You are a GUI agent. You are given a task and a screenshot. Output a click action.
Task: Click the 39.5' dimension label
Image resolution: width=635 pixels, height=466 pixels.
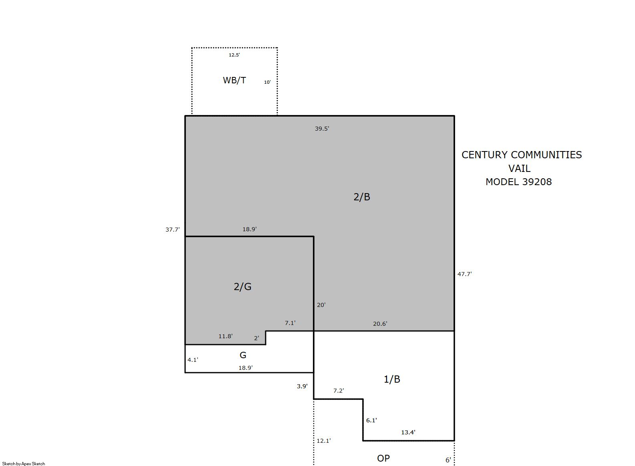322,129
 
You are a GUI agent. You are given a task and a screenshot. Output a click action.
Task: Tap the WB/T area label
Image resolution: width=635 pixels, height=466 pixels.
234,80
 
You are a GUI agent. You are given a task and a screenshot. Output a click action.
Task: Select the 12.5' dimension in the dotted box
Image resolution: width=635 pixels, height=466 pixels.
234,55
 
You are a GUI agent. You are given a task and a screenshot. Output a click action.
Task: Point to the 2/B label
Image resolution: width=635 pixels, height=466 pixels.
362,197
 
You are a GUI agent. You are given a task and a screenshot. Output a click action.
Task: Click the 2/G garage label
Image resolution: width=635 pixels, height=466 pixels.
242,286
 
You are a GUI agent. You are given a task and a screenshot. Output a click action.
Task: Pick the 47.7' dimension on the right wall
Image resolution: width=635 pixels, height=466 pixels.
465,274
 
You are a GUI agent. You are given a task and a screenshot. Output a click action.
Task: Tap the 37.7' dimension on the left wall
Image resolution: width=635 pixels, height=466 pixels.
173,230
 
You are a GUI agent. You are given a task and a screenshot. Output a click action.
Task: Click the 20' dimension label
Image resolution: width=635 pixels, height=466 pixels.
321,305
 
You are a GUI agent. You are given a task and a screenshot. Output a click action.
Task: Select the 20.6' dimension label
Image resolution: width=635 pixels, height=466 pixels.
380,324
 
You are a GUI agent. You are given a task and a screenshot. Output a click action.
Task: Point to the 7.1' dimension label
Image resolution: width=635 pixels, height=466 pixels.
290,323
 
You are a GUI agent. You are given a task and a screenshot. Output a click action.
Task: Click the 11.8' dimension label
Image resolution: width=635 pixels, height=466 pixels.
226,336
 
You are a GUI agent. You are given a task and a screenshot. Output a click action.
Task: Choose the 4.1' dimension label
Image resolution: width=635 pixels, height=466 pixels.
193,360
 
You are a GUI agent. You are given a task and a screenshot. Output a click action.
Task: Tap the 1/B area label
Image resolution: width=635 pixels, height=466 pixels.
392,379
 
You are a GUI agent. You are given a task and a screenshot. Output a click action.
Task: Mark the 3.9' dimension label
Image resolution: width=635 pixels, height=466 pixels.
302,386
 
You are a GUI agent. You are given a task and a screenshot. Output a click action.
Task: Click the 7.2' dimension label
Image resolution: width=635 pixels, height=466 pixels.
339,391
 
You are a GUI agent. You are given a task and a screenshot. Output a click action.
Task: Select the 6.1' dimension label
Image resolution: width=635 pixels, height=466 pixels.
371,420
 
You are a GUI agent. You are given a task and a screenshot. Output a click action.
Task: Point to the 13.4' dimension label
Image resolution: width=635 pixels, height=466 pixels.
408,432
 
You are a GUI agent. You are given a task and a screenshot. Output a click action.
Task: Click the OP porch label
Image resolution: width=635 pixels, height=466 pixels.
383,458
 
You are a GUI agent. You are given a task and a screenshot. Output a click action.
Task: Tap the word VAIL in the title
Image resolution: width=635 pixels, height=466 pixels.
519,168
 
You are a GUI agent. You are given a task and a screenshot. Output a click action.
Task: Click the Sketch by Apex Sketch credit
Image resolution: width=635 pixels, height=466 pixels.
24,464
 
